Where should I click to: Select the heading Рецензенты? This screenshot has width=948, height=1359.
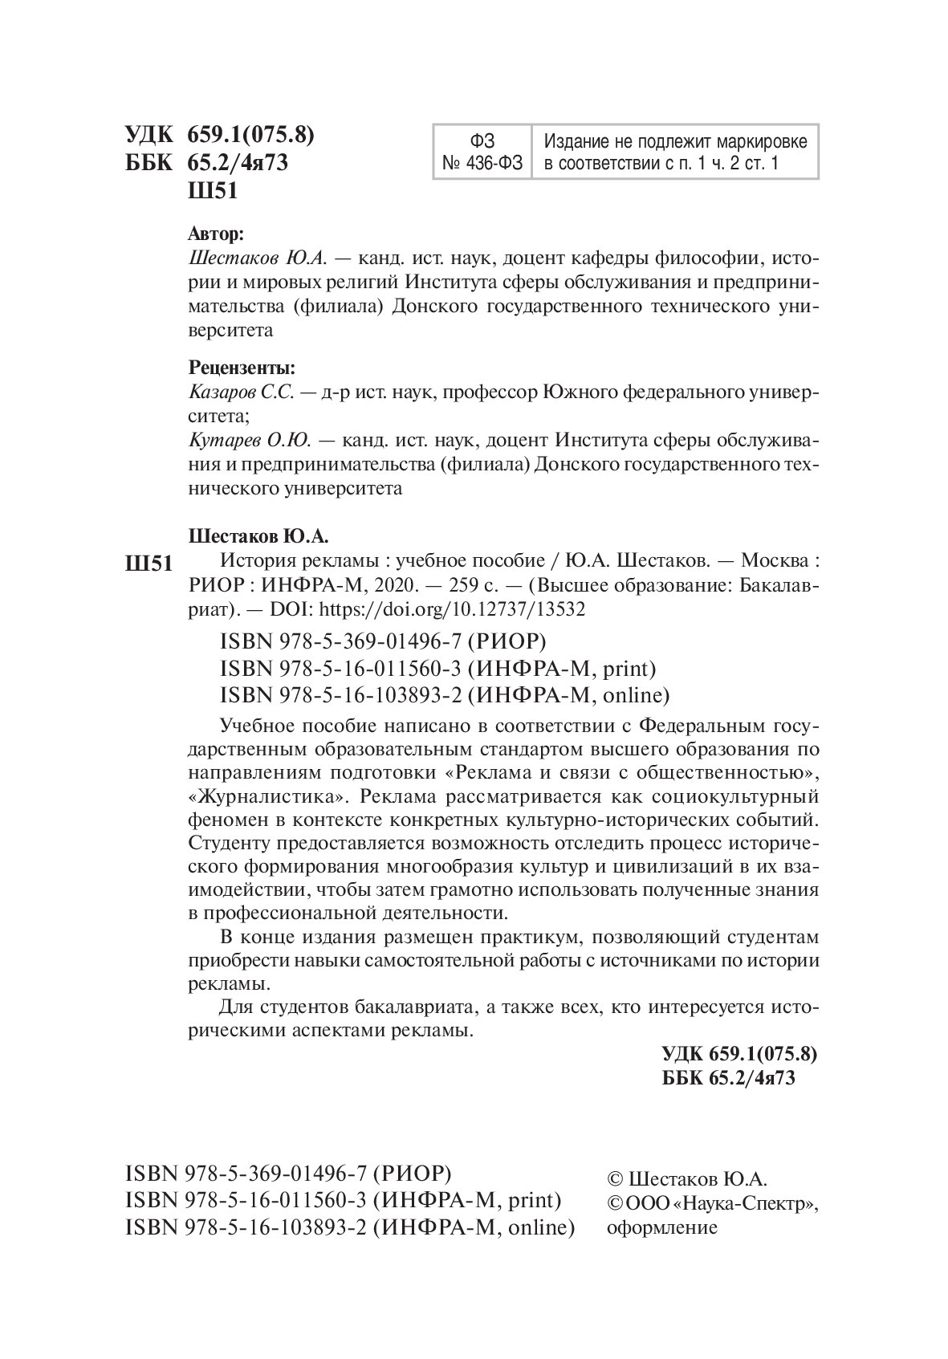click(242, 368)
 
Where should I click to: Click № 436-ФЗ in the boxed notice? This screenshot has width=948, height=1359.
click(482, 164)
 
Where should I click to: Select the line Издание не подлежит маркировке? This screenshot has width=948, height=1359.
click(675, 141)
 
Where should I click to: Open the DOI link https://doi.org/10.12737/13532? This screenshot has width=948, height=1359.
click(453, 608)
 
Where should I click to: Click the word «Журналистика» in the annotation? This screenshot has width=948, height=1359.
click(270, 797)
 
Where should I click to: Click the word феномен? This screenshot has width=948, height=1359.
click(228, 820)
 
